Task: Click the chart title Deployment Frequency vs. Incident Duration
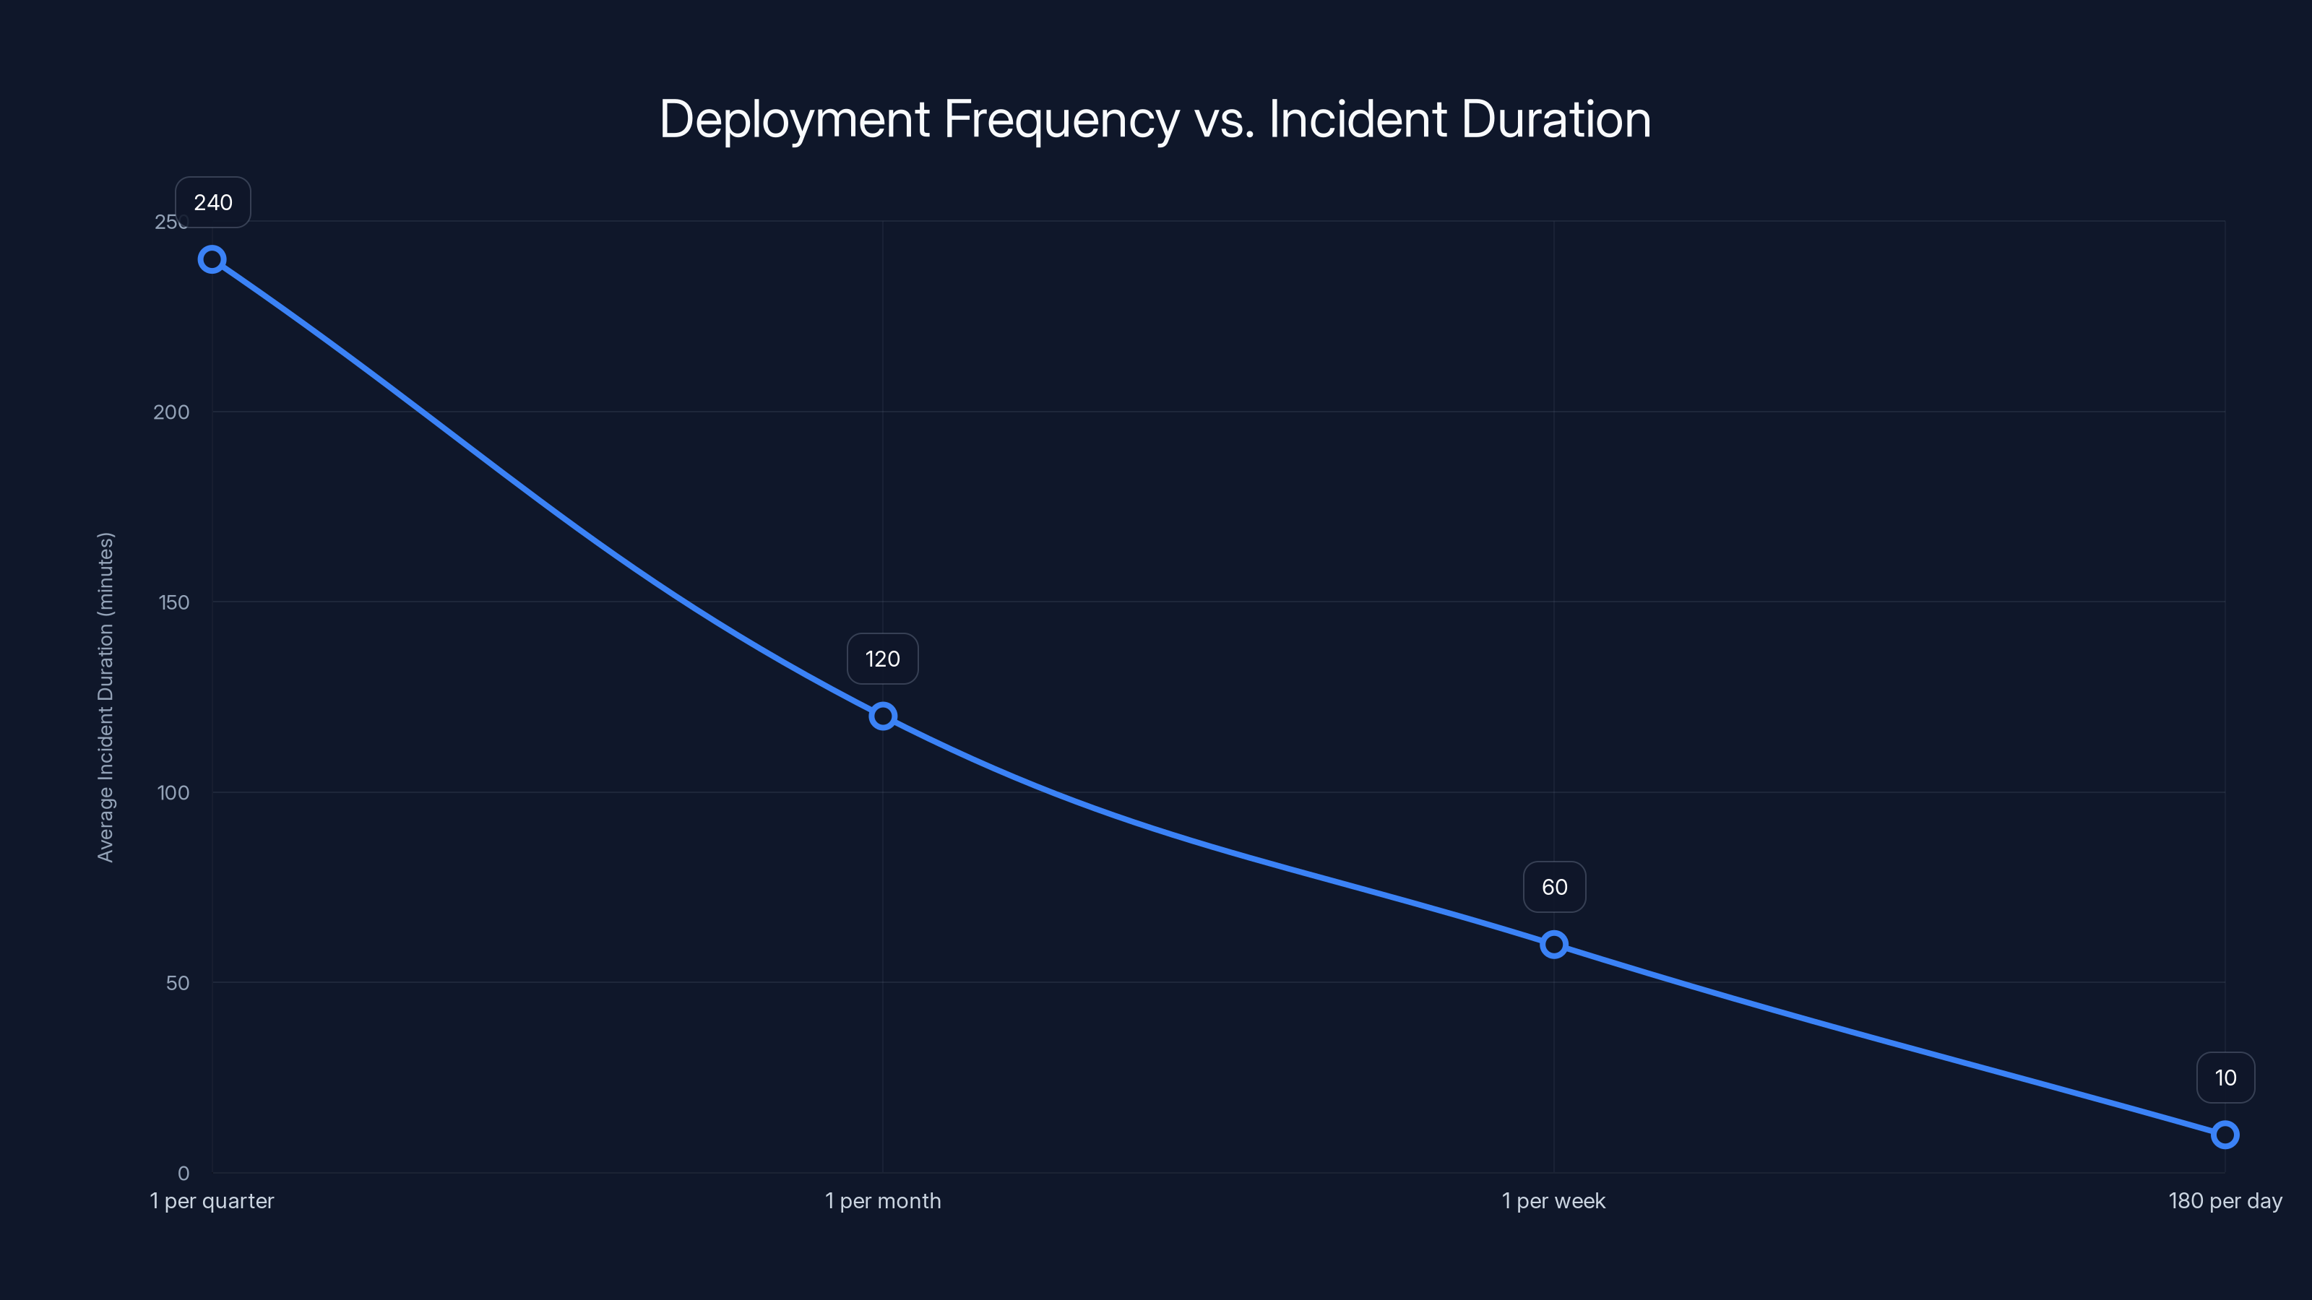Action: (x=1155, y=119)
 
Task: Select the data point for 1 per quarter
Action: (x=212, y=260)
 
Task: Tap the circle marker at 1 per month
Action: (x=882, y=716)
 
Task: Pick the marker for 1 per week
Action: (x=1553, y=945)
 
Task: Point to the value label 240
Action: (x=212, y=203)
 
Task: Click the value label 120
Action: (x=882, y=659)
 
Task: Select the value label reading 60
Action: (x=1553, y=888)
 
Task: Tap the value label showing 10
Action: (x=2225, y=1078)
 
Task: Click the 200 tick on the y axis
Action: (x=171, y=412)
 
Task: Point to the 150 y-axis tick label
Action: (x=174, y=602)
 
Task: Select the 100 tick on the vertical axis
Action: (x=173, y=792)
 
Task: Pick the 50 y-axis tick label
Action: (x=178, y=982)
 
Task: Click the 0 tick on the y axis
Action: (x=183, y=1173)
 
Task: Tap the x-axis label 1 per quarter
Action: (x=212, y=1200)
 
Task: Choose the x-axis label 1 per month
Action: (x=882, y=1200)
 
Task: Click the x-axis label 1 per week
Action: (x=1553, y=1200)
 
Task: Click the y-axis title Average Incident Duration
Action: (x=106, y=697)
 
